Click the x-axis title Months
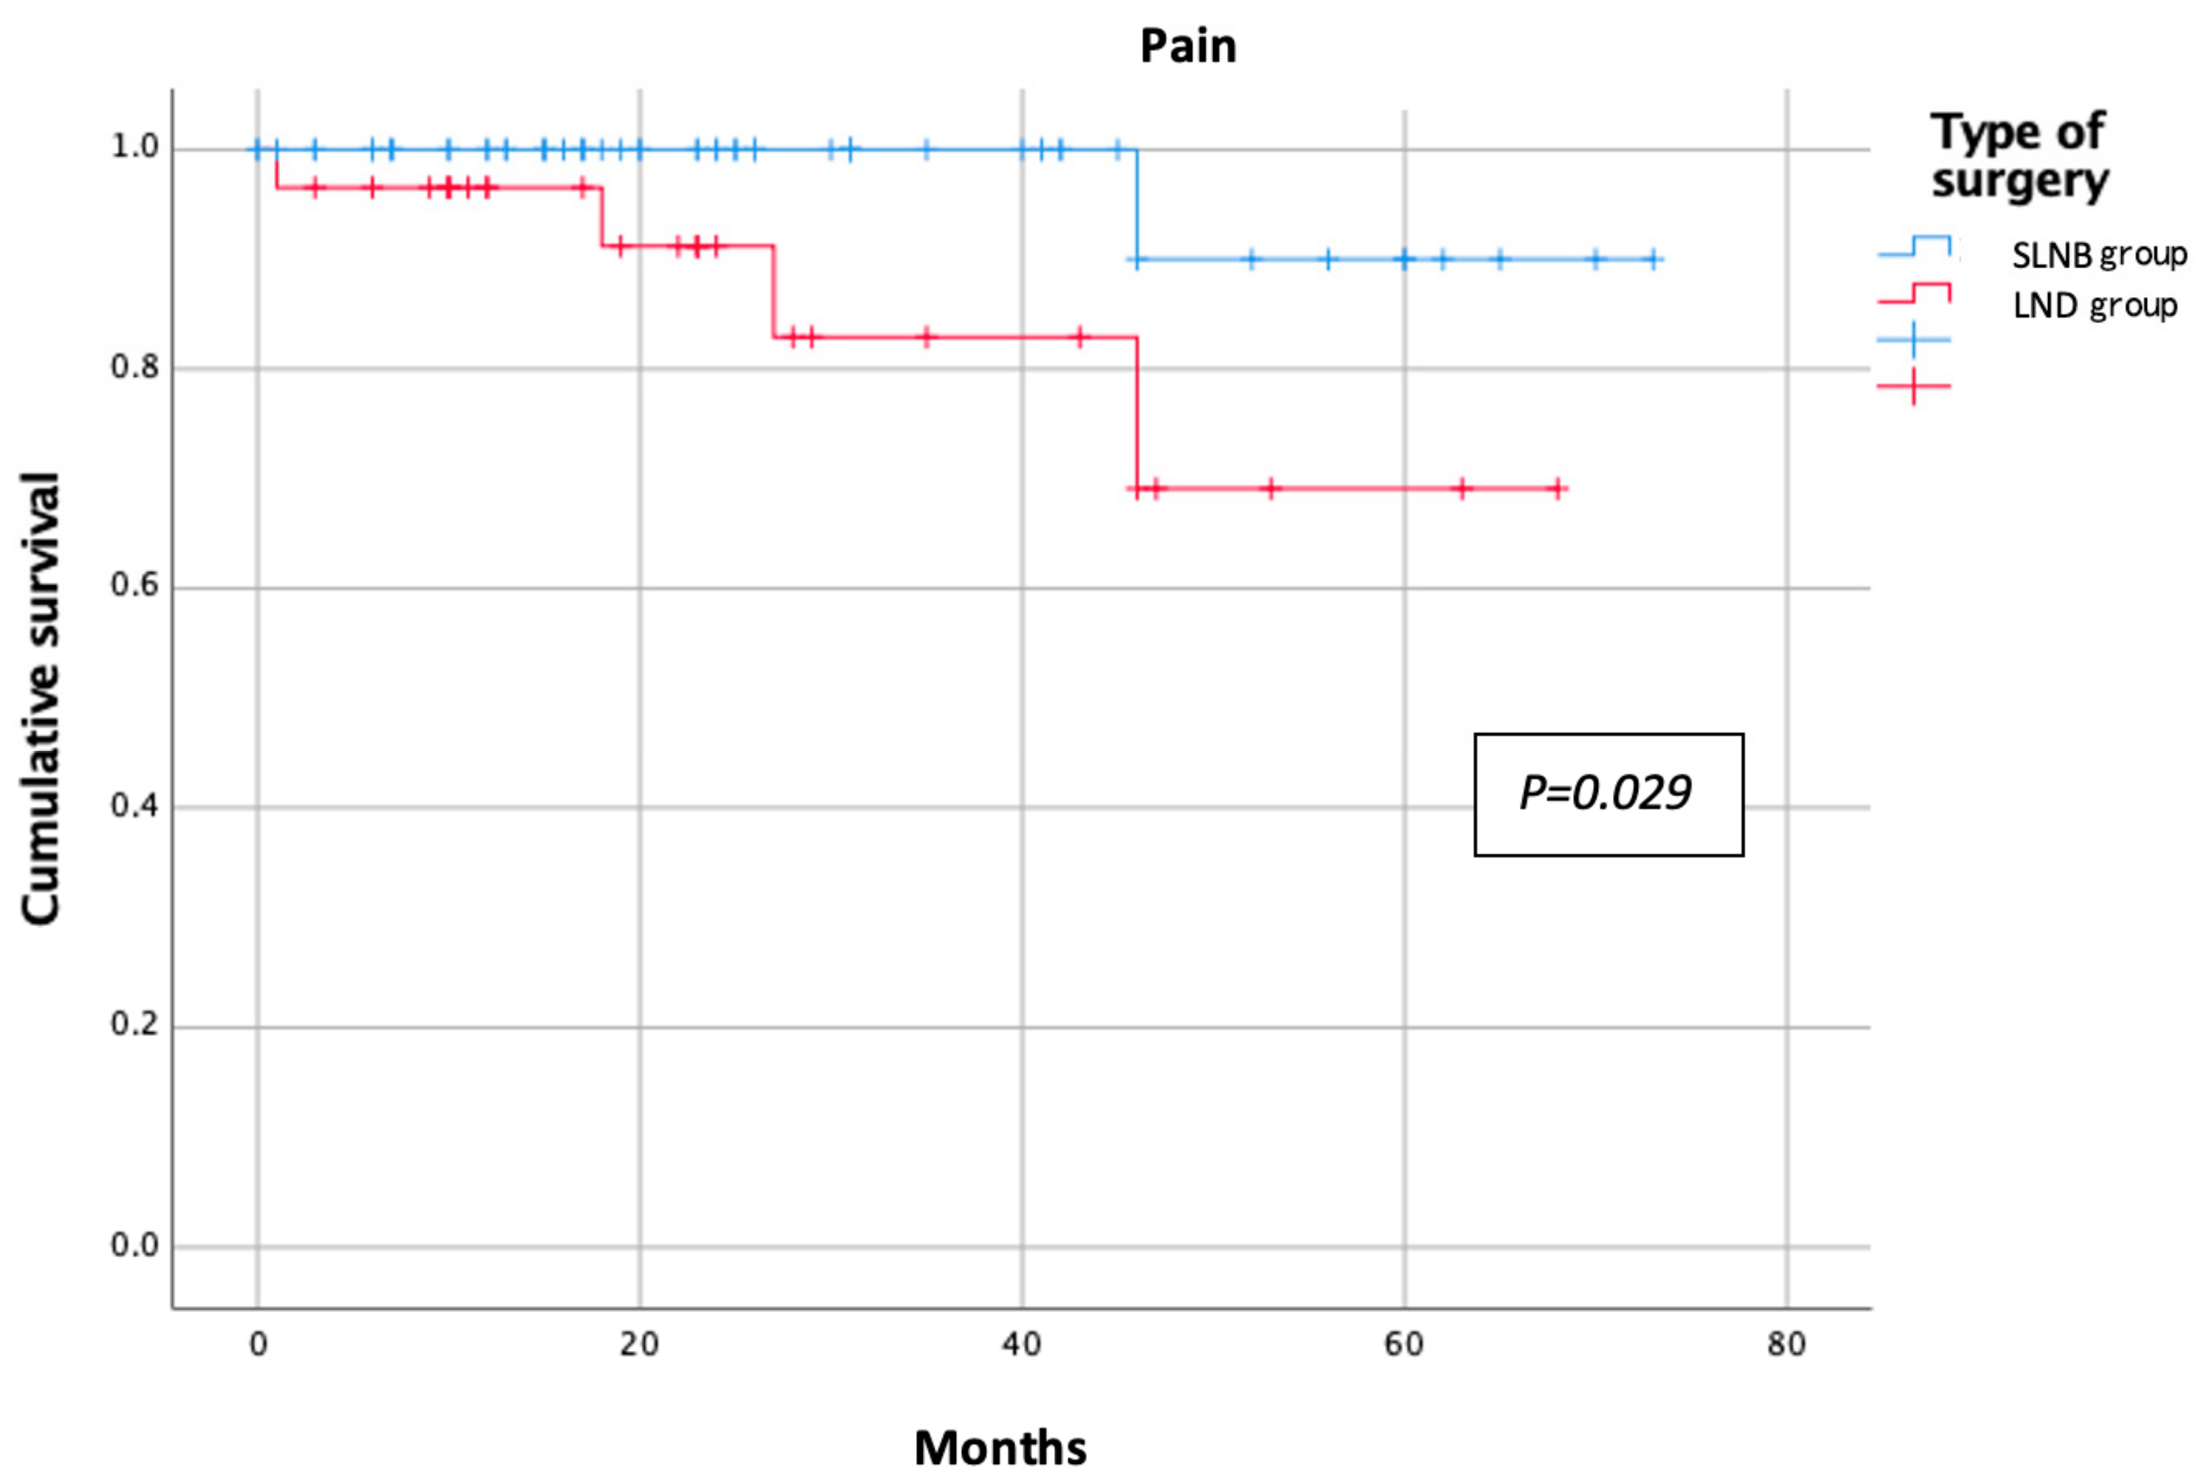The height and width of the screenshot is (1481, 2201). tap(1000, 1448)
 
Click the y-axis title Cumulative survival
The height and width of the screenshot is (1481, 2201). tap(41, 699)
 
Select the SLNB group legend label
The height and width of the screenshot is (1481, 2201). tap(2098, 255)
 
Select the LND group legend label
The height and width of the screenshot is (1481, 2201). tap(2095, 306)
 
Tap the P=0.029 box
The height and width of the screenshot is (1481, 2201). tap(1608, 794)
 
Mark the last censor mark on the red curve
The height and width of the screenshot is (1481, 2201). tap(1558, 488)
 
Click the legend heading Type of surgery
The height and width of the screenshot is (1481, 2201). tap(2018, 156)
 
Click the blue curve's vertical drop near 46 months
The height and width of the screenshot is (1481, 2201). tap(1137, 204)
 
